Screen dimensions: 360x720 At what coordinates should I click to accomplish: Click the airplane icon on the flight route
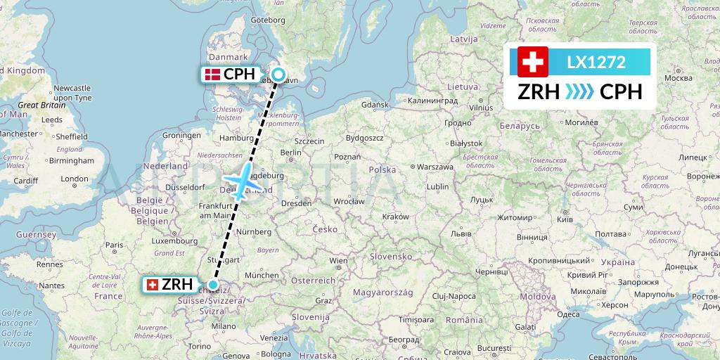point(241,181)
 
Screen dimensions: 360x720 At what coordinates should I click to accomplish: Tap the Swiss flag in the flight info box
point(533,62)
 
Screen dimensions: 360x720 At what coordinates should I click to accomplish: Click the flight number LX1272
point(596,62)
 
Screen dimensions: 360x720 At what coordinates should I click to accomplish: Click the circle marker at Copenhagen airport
point(278,75)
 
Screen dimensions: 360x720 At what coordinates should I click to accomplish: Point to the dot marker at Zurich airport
point(213,285)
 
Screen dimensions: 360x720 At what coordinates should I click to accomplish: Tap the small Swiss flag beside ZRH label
point(151,285)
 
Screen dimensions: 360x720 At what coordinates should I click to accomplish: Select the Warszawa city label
point(435,167)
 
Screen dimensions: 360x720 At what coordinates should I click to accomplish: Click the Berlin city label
point(290,153)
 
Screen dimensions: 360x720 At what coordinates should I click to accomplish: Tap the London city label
point(74,179)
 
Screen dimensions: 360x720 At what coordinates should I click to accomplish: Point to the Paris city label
point(114,245)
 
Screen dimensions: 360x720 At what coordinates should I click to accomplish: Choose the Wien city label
point(338,260)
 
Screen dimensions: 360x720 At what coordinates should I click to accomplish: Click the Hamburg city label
point(236,139)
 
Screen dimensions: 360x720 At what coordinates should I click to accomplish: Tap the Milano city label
point(224,326)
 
